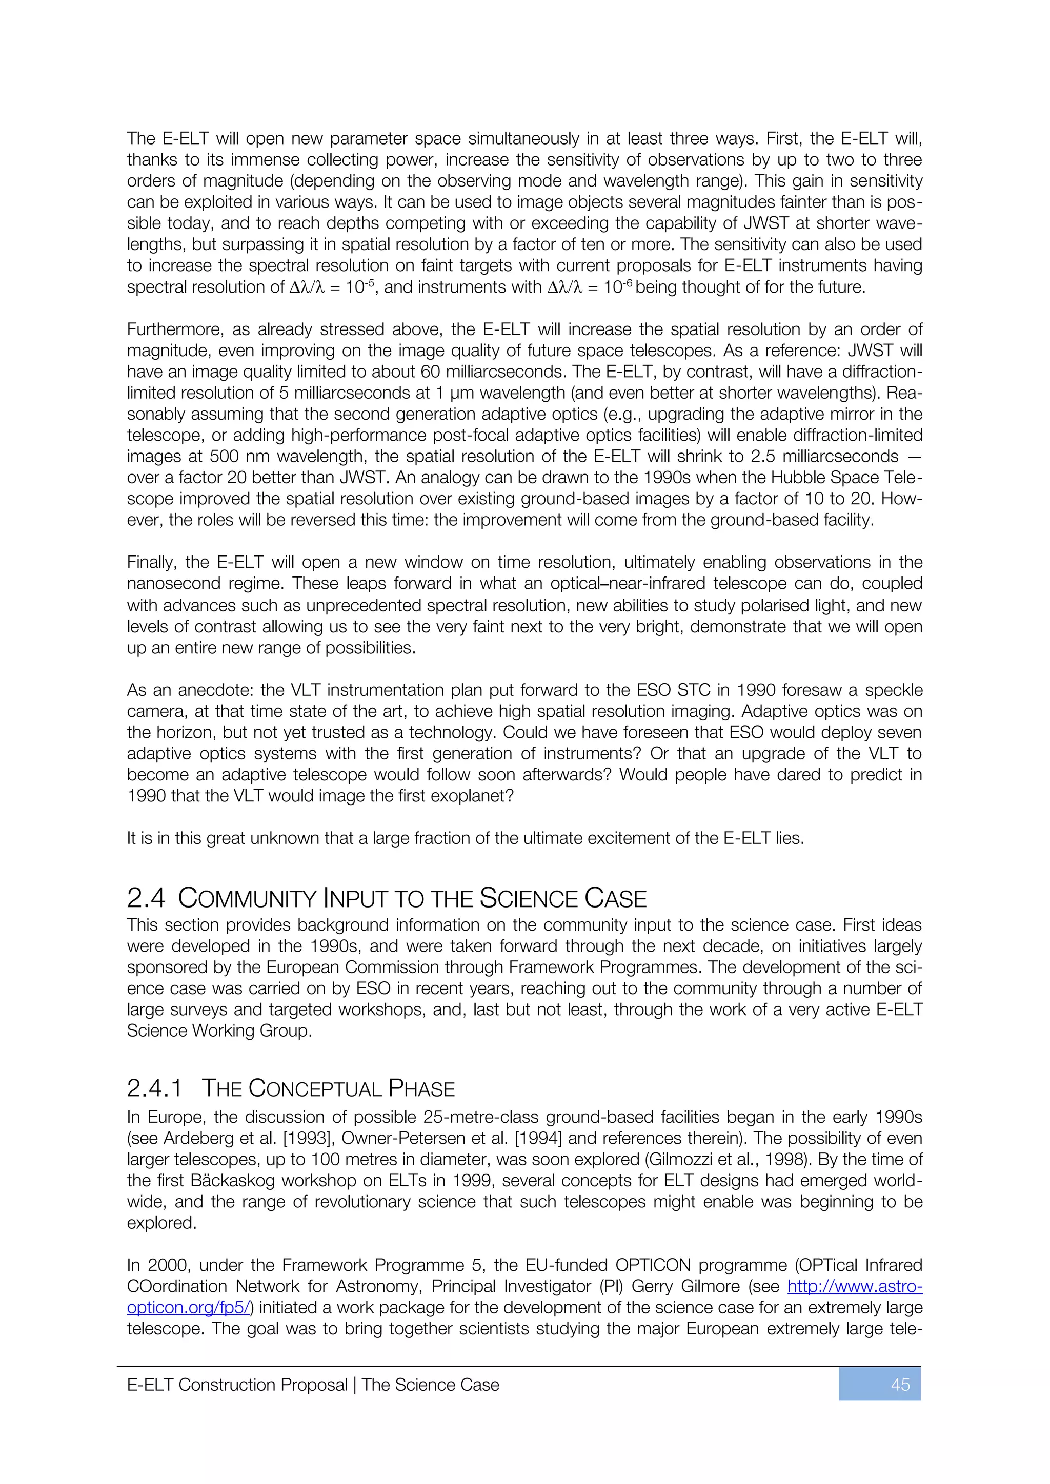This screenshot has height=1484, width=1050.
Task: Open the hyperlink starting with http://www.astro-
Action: (x=854, y=1287)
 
